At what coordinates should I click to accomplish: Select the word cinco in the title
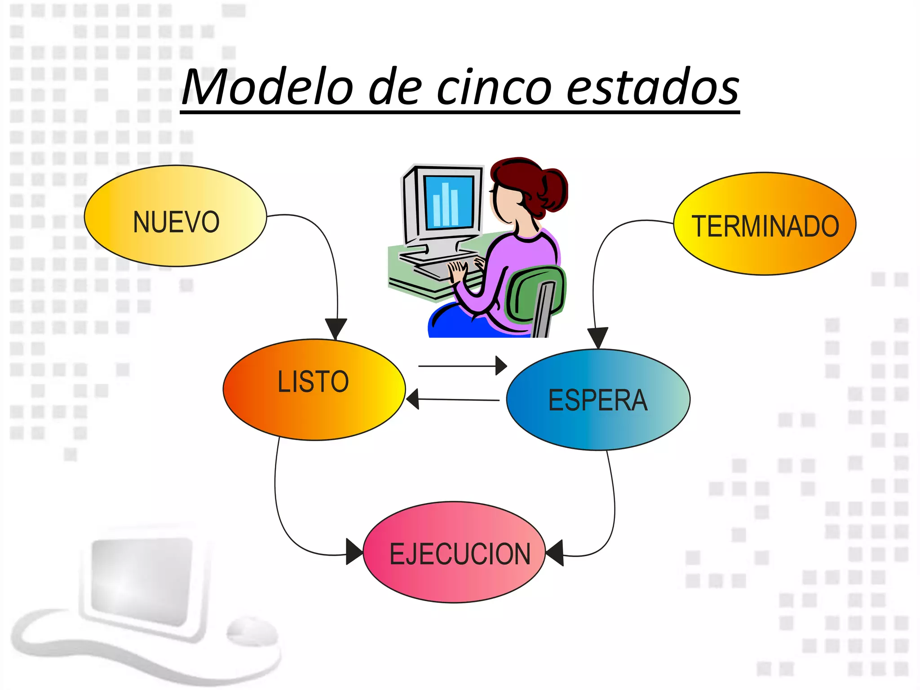494,88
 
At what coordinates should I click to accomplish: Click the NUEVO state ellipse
176,216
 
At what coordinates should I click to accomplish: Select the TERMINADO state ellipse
765,224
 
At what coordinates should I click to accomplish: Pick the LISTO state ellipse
314,389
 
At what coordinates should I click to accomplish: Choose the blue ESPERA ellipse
598,399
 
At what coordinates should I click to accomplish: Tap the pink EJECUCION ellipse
454,552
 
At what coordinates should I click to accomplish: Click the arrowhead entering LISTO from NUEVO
336,327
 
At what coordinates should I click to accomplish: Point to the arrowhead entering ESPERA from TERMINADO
597,337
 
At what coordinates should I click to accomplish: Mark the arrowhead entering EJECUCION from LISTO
354,551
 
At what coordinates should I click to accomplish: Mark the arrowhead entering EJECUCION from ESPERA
555,553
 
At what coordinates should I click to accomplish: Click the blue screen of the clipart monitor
448,202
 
